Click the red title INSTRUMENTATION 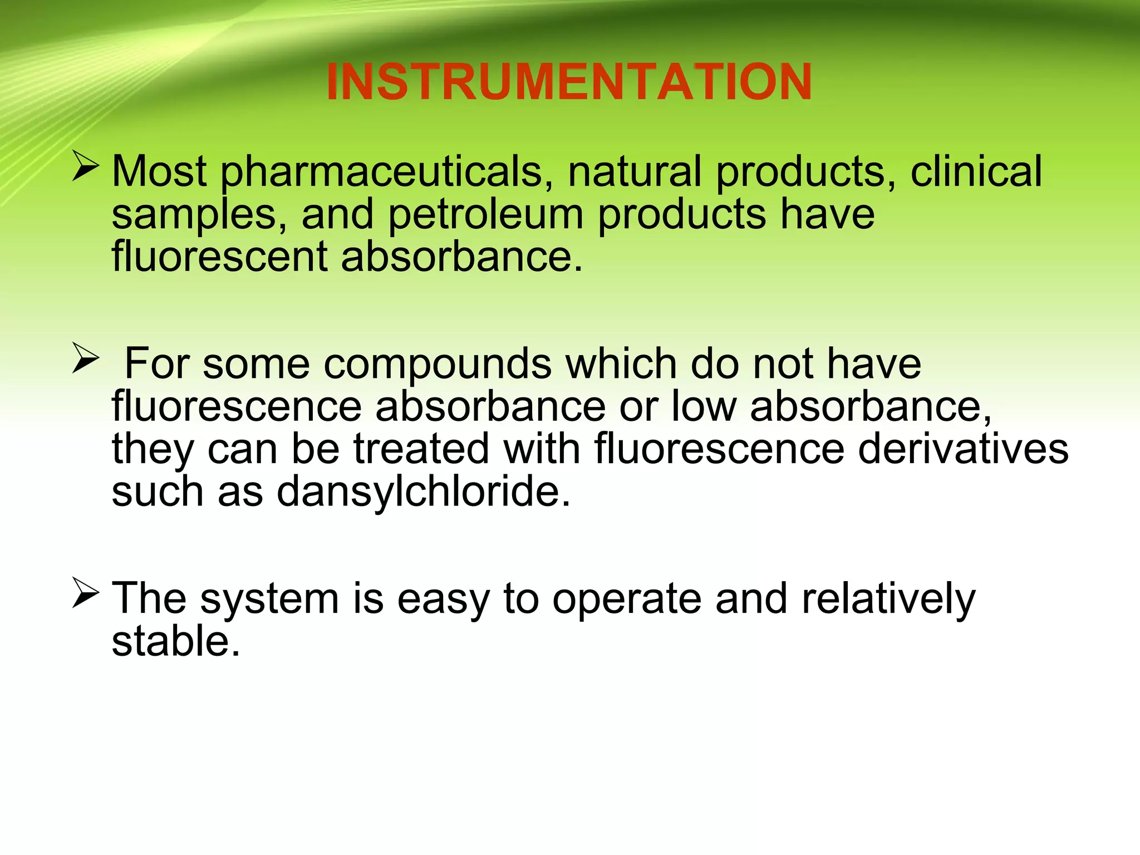569,82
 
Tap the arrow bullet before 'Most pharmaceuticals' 85,168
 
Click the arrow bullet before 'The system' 85,594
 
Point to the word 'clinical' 976,171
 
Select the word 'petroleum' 485,215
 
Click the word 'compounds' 438,365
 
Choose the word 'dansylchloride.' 424,493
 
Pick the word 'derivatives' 963,449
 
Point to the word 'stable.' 176,642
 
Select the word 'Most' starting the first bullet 159,171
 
